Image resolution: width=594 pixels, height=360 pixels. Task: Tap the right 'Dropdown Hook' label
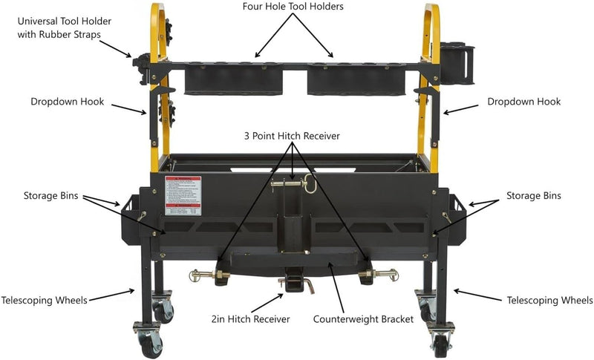523,102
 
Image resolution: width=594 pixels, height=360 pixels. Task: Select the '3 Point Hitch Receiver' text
294,137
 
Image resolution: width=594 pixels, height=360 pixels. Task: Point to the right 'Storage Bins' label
533,196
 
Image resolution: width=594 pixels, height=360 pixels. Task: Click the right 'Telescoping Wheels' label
549,301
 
